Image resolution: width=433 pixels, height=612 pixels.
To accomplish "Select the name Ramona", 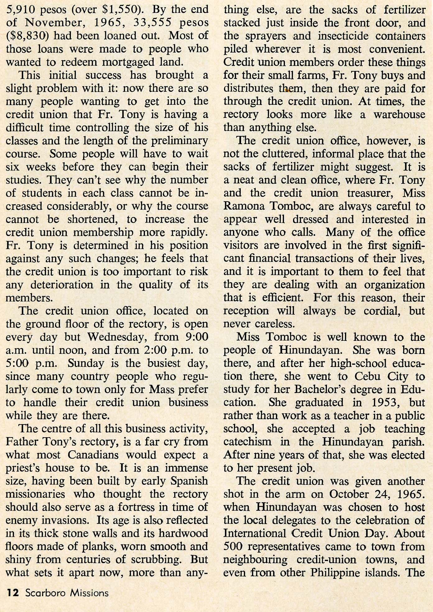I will [242, 206].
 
